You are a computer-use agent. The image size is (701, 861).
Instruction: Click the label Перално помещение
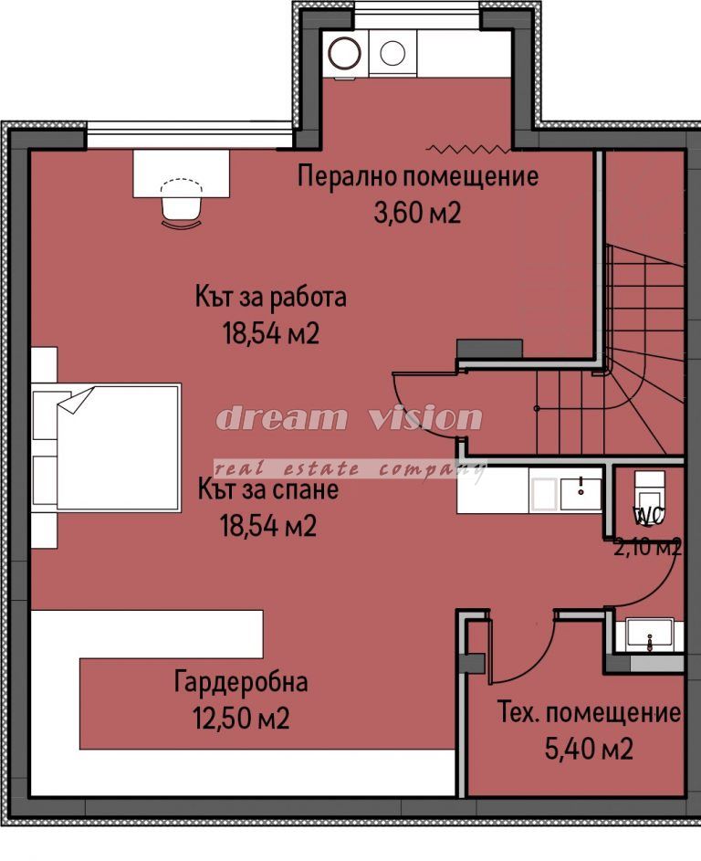pyautogui.click(x=418, y=177)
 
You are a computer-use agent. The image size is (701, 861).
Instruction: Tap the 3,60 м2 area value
pyautogui.click(x=417, y=213)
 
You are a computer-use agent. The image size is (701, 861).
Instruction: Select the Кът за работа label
pyautogui.click(x=270, y=297)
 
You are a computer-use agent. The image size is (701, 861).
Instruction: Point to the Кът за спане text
pyautogui.click(x=268, y=489)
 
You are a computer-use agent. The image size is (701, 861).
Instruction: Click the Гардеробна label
pyautogui.click(x=241, y=682)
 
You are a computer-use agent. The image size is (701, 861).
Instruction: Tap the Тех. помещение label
pyautogui.click(x=589, y=713)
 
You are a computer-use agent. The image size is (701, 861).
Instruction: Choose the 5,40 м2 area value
pyautogui.click(x=589, y=749)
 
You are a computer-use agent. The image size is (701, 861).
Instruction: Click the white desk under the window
pyautogui.click(x=181, y=173)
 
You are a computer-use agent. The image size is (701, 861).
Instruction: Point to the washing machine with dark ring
pyautogui.click(x=345, y=53)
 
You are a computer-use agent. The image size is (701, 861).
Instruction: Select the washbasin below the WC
pyautogui.click(x=650, y=635)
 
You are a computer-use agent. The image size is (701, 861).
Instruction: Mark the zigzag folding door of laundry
pyautogui.click(x=468, y=148)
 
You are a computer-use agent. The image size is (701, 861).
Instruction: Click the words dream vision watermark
pyautogui.click(x=350, y=418)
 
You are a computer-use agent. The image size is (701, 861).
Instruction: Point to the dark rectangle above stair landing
pyautogui.click(x=489, y=349)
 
